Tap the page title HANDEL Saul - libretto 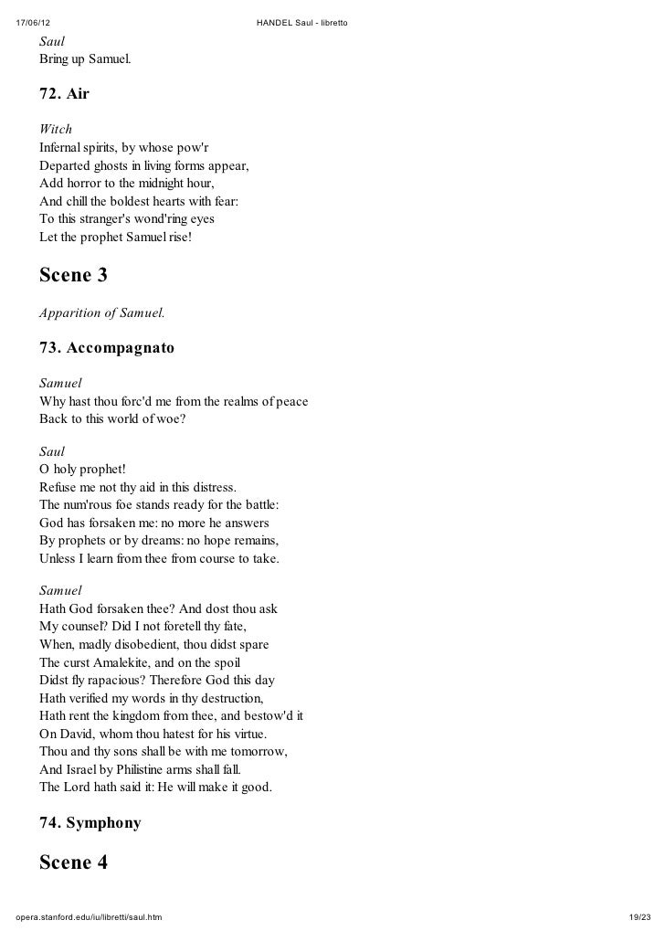(x=308, y=21)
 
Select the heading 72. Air (x=64, y=94)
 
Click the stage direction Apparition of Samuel (x=102, y=312)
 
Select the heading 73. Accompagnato (x=106, y=348)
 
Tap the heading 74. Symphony (x=90, y=823)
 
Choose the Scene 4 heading (x=73, y=862)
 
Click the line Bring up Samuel (x=85, y=60)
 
